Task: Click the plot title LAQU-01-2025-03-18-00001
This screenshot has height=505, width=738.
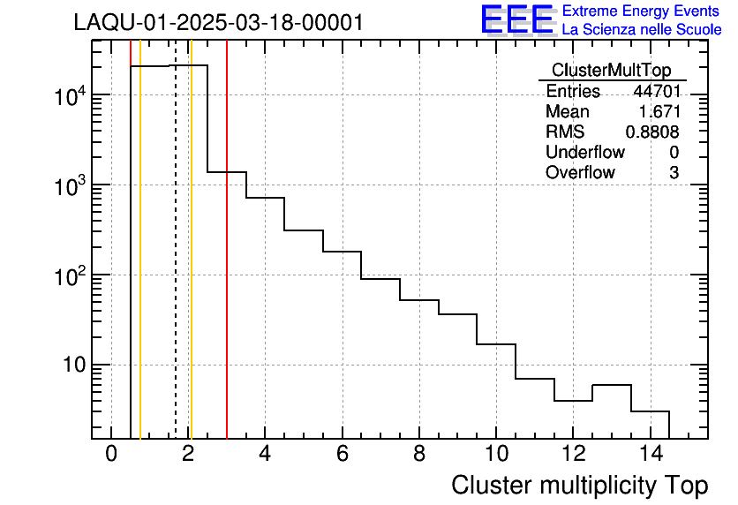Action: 218,23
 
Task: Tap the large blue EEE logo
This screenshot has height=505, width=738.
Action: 517,19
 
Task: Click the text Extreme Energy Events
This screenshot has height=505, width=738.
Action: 641,11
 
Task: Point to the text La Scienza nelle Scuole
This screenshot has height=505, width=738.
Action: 642,30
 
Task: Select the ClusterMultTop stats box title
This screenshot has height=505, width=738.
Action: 611,71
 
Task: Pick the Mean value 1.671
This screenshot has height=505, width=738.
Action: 658,112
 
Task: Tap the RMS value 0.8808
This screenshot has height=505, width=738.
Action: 652,132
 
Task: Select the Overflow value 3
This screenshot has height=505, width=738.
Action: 674,173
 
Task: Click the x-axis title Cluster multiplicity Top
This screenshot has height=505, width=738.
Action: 579,486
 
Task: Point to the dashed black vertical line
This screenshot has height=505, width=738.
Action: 176,265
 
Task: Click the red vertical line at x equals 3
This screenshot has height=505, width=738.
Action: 227,265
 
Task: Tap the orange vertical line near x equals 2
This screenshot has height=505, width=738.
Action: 191,265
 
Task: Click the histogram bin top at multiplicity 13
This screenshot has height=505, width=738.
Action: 611,385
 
